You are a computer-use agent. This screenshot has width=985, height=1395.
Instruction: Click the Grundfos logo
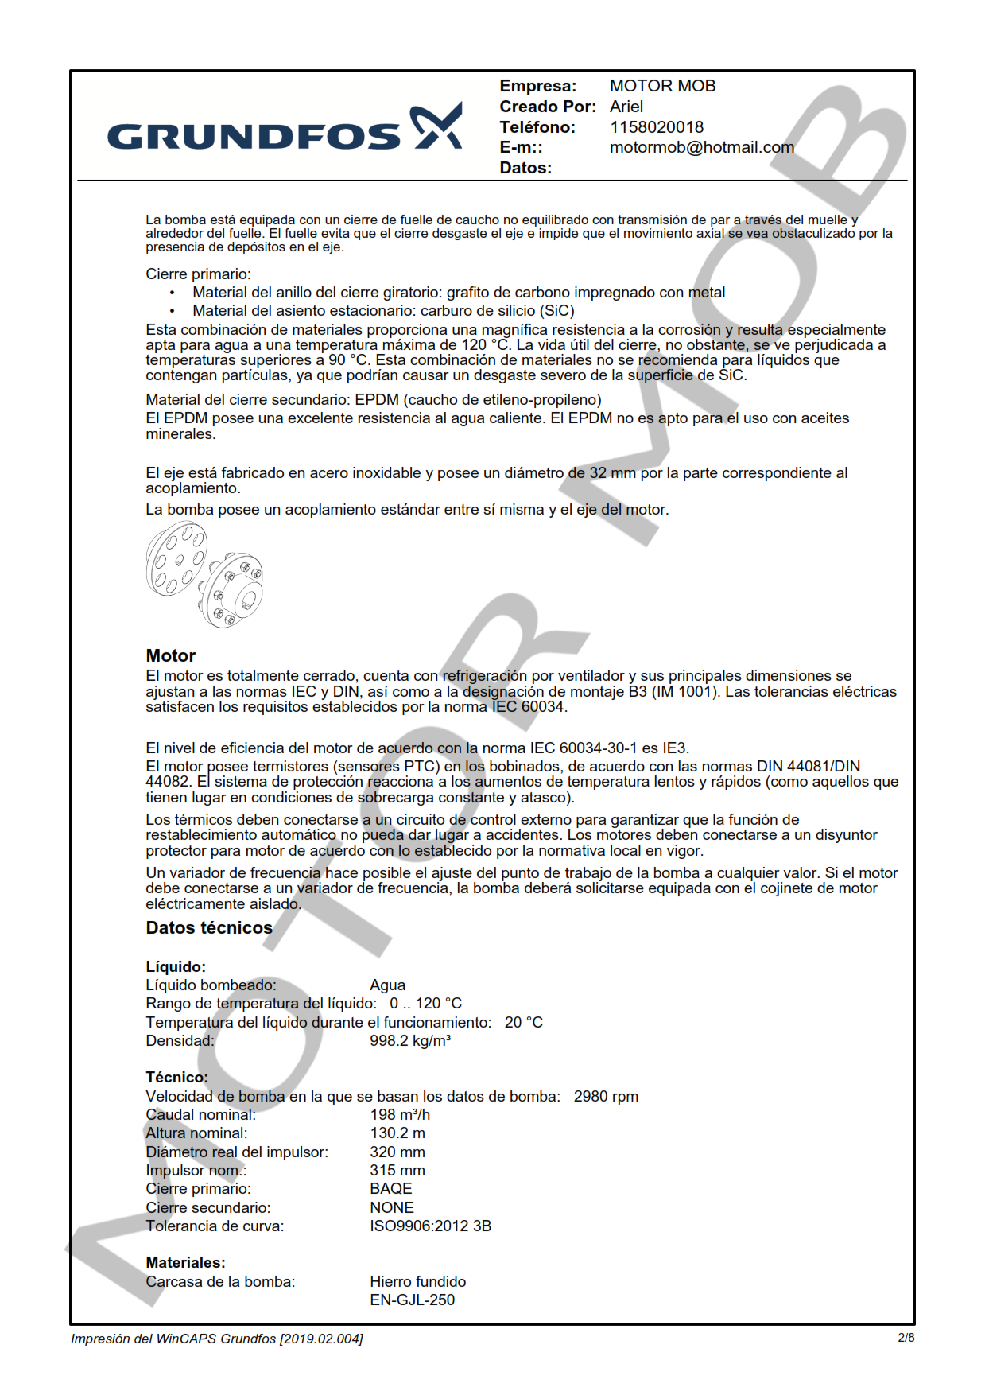[x=285, y=129]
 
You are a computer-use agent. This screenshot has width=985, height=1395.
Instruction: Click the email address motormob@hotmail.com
[x=701, y=148]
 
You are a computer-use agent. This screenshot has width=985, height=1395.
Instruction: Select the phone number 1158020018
[x=656, y=127]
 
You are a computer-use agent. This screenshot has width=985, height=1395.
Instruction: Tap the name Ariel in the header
[x=626, y=107]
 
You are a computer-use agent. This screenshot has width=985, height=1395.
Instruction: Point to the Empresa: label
[x=537, y=86]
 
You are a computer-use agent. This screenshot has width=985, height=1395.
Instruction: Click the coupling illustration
[x=204, y=574]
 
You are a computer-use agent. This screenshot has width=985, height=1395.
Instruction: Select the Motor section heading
[x=170, y=656]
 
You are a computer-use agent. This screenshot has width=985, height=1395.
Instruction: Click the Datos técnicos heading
[x=209, y=928]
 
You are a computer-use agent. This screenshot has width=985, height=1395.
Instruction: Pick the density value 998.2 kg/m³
[x=409, y=1041]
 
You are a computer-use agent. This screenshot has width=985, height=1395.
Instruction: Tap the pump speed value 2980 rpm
[x=606, y=1097]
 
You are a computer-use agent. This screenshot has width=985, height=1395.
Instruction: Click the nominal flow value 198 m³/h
[x=399, y=1115]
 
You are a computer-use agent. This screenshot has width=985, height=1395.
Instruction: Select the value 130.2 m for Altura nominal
[x=397, y=1133]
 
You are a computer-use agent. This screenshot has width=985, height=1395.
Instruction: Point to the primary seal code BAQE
[x=390, y=1189]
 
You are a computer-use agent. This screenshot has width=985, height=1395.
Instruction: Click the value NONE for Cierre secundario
[x=391, y=1207]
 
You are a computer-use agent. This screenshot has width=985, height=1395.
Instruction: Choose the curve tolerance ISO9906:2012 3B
[x=430, y=1226]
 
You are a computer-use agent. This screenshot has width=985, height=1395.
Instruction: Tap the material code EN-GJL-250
[x=412, y=1300]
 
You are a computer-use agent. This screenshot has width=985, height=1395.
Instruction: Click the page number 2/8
[x=906, y=1338]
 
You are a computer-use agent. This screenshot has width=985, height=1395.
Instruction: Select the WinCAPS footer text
[x=216, y=1339]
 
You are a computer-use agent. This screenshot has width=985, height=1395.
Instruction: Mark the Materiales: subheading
[x=185, y=1263]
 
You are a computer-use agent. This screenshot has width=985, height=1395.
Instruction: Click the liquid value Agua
[x=387, y=985]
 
